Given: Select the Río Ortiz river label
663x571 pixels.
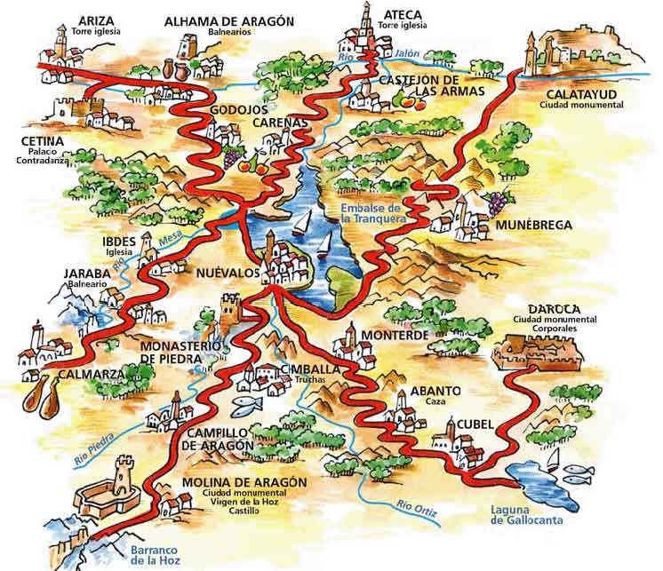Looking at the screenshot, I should point(417,508).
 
